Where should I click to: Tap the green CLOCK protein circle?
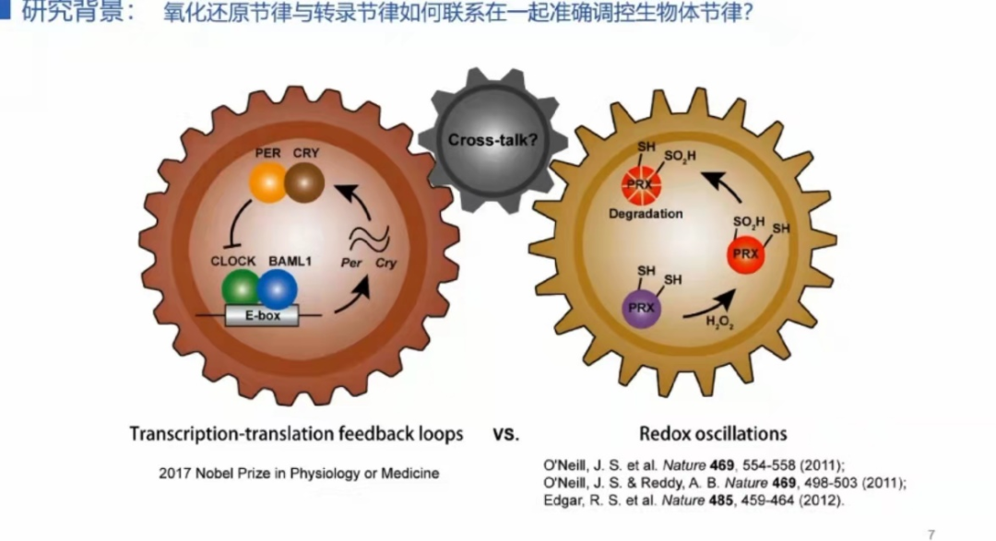242,288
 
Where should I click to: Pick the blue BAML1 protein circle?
277,288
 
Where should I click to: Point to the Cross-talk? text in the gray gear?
481,141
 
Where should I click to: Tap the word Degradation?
646,214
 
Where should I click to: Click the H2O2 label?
719,322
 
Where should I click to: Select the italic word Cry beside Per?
386,263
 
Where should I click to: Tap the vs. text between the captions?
506,433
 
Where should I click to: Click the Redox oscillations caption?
713,433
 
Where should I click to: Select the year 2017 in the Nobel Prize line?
176,474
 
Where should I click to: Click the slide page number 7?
931,534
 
